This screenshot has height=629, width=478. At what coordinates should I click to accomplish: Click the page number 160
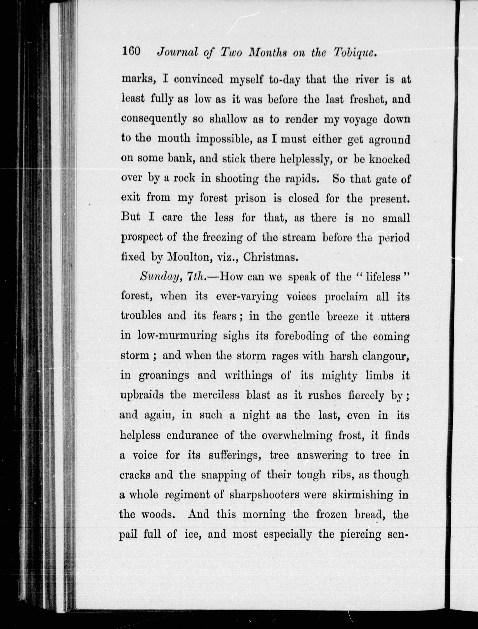tap(131, 52)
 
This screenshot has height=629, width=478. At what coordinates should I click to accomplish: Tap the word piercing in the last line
tap(361, 534)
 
